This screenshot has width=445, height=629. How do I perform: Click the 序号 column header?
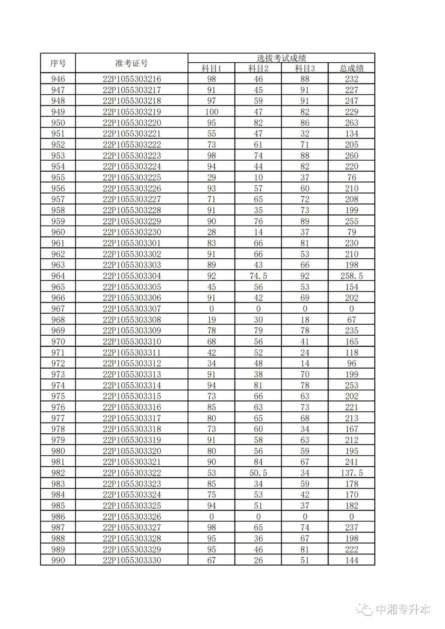tap(58, 63)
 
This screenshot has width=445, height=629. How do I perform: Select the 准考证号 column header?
tap(131, 63)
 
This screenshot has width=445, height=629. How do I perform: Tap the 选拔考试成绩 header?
tap(281, 58)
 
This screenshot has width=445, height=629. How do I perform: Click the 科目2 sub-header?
tap(258, 68)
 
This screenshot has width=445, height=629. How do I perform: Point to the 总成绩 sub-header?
tap(351, 68)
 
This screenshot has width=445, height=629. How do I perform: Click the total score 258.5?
tap(351, 276)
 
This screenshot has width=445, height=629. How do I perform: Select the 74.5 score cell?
tap(258, 276)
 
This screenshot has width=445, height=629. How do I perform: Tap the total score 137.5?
tap(351, 473)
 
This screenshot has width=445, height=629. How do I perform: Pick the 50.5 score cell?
tap(258, 473)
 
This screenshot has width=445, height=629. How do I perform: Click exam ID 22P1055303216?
tap(132, 79)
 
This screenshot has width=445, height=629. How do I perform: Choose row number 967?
tap(58, 309)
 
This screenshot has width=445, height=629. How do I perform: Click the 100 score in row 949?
tap(211, 112)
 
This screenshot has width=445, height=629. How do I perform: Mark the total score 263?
tap(351, 123)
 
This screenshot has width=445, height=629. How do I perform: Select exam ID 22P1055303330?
tap(132, 560)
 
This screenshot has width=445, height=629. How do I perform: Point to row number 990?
tap(58, 560)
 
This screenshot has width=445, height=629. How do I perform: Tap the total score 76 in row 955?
tap(351, 178)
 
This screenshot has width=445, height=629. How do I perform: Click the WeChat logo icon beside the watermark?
tap(365, 609)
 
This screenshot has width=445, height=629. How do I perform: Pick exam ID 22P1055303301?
tap(132, 243)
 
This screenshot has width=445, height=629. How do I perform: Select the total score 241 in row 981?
tap(351, 462)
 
